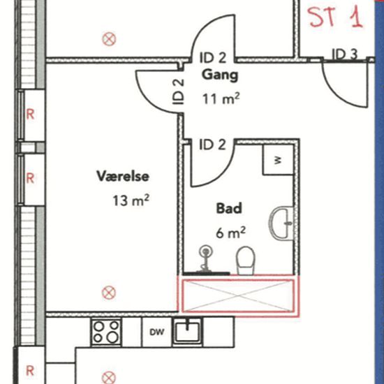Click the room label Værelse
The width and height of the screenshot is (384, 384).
pyautogui.click(x=123, y=176)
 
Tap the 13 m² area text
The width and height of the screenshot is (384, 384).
pyautogui.click(x=131, y=200)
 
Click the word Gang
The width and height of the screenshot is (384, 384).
pyautogui.click(x=220, y=75)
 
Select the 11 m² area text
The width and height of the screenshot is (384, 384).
pyautogui.click(x=221, y=99)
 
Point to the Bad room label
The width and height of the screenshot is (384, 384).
pyautogui.click(x=229, y=209)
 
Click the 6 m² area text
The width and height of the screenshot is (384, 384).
pyautogui.click(x=230, y=232)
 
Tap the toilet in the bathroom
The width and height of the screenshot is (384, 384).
pyautogui.click(x=245, y=260)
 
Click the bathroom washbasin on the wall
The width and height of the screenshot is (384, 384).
pyautogui.click(x=281, y=223)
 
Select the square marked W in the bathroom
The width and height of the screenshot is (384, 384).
pyautogui.click(x=278, y=160)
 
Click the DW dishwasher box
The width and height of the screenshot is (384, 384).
pyautogui.click(x=157, y=332)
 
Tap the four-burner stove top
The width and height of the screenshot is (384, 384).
pyautogui.click(x=106, y=332)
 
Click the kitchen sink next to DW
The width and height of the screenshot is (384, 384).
pyautogui.click(x=187, y=332)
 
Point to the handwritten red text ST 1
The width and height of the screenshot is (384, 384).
pyautogui.click(x=334, y=17)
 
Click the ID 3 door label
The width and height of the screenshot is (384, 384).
pyautogui.click(x=345, y=54)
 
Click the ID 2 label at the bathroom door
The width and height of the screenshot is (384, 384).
pyautogui.click(x=212, y=145)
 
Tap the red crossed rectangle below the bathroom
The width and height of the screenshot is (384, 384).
pyautogui.click(x=238, y=296)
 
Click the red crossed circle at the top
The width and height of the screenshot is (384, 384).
pyautogui.click(x=109, y=39)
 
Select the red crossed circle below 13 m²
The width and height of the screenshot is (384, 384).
pyautogui.click(x=109, y=293)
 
